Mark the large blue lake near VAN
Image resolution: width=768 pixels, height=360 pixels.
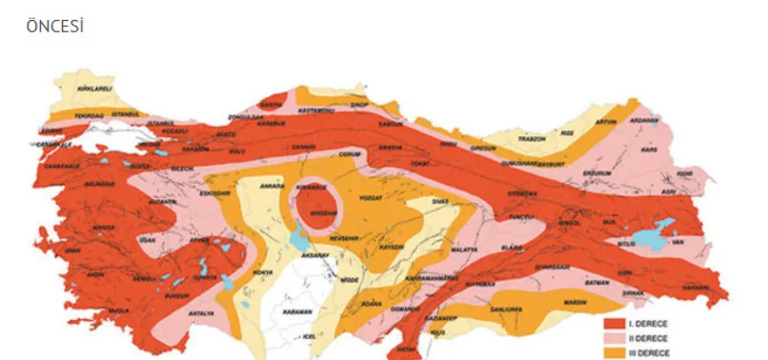[660, 229]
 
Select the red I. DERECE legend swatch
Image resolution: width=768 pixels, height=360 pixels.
[616, 322]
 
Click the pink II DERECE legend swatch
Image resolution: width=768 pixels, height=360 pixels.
[616, 337]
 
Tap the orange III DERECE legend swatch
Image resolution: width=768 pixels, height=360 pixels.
[616, 352]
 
